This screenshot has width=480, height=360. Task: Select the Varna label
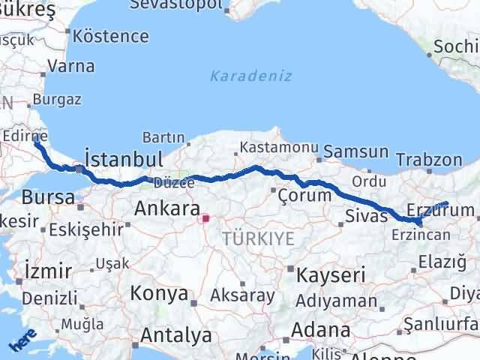[70, 66]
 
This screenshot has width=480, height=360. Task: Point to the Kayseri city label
[329, 275]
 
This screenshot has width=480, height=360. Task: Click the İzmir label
[48, 270]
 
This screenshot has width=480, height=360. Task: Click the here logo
[22, 342]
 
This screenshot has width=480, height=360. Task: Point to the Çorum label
[304, 195]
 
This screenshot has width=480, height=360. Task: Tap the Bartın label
[163, 138]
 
